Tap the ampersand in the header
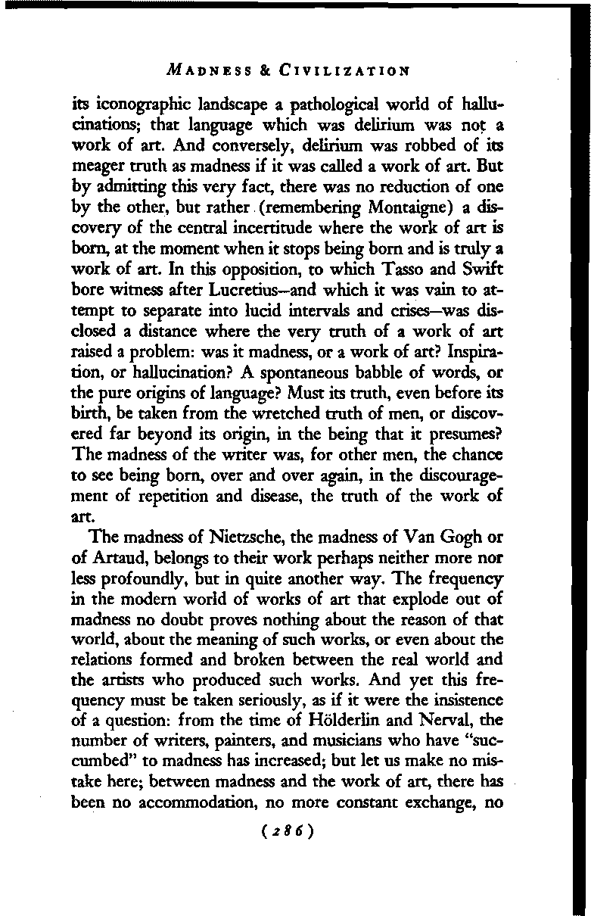pos(266,72)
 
